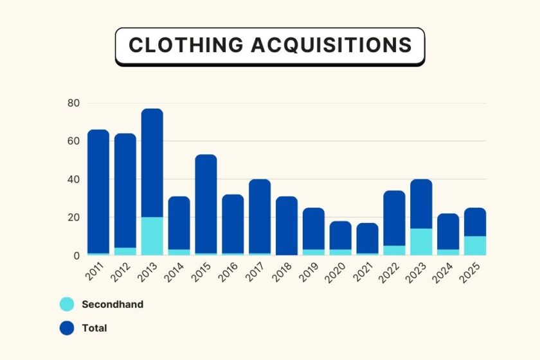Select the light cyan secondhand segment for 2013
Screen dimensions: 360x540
pyautogui.click(x=152, y=236)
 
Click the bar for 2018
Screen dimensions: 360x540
pyautogui.click(x=287, y=226)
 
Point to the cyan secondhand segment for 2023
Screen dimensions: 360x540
pyautogui.click(x=422, y=242)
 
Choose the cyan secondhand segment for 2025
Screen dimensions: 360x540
pyautogui.click(x=476, y=246)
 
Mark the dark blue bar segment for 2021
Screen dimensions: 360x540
pyautogui.click(x=368, y=238)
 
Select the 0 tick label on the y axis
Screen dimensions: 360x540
pyautogui.click(x=76, y=255)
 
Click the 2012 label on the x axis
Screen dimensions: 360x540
pyautogui.click(x=120, y=271)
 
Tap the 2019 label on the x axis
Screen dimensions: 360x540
pyautogui.click(x=309, y=271)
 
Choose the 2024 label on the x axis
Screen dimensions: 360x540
pyautogui.click(x=444, y=271)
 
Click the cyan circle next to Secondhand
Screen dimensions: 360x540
pyautogui.click(x=67, y=304)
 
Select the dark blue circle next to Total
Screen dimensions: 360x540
pyautogui.click(x=67, y=328)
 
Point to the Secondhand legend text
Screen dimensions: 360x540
pyautogui.click(x=113, y=304)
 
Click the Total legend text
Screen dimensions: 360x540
pyautogui.click(x=94, y=328)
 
